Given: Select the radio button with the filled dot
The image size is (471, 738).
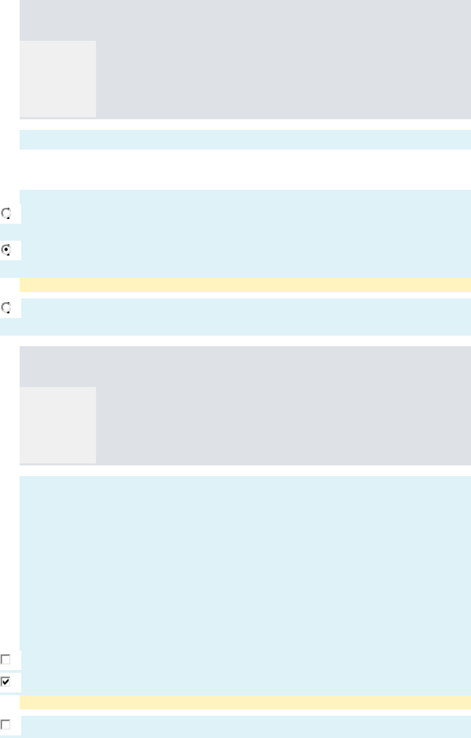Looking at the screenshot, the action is [x=6, y=250].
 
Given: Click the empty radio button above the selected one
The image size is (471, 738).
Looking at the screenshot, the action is [x=6, y=214].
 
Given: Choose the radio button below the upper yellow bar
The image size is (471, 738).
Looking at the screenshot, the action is [x=6, y=307].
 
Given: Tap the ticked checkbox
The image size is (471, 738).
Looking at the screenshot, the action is [x=6, y=681].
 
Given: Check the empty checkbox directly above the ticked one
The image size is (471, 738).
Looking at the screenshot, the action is [x=6, y=660].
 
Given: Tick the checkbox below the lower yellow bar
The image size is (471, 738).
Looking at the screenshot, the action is [x=6, y=724].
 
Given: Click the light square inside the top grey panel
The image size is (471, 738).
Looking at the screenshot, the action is [x=58, y=78].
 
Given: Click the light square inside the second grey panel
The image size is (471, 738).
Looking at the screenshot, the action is [x=58, y=425].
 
